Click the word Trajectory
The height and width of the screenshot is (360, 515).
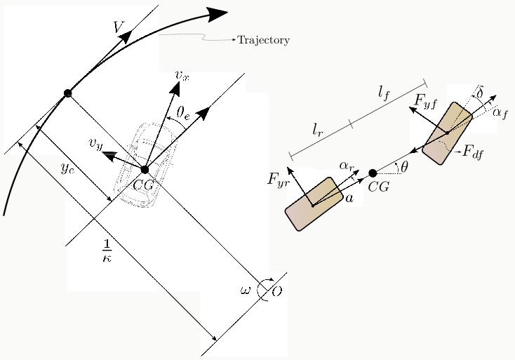tap(263, 40)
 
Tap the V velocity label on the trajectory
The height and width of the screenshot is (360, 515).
tap(119, 27)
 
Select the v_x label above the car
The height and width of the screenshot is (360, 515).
tap(182, 76)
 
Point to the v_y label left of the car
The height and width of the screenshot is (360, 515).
tap(95, 144)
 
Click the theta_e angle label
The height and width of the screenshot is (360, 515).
tap(183, 113)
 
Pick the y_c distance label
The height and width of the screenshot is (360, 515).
tap(68, 168)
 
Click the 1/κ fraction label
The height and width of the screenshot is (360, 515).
tap(107, 251)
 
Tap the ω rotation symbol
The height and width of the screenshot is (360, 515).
tap(246, 291)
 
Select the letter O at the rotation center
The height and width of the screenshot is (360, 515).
tap(277, 291)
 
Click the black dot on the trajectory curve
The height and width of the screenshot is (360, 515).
tap(67, 93)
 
